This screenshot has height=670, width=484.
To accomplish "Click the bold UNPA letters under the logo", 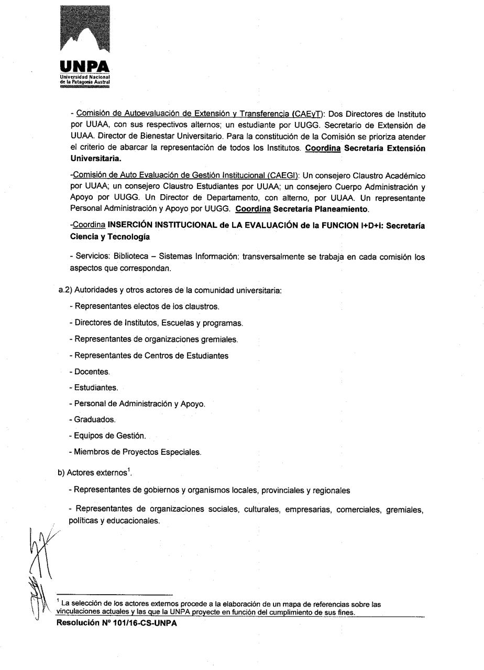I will (x=85, y=66).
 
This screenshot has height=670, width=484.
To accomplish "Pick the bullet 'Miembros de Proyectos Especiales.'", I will (x=135, y=452).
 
